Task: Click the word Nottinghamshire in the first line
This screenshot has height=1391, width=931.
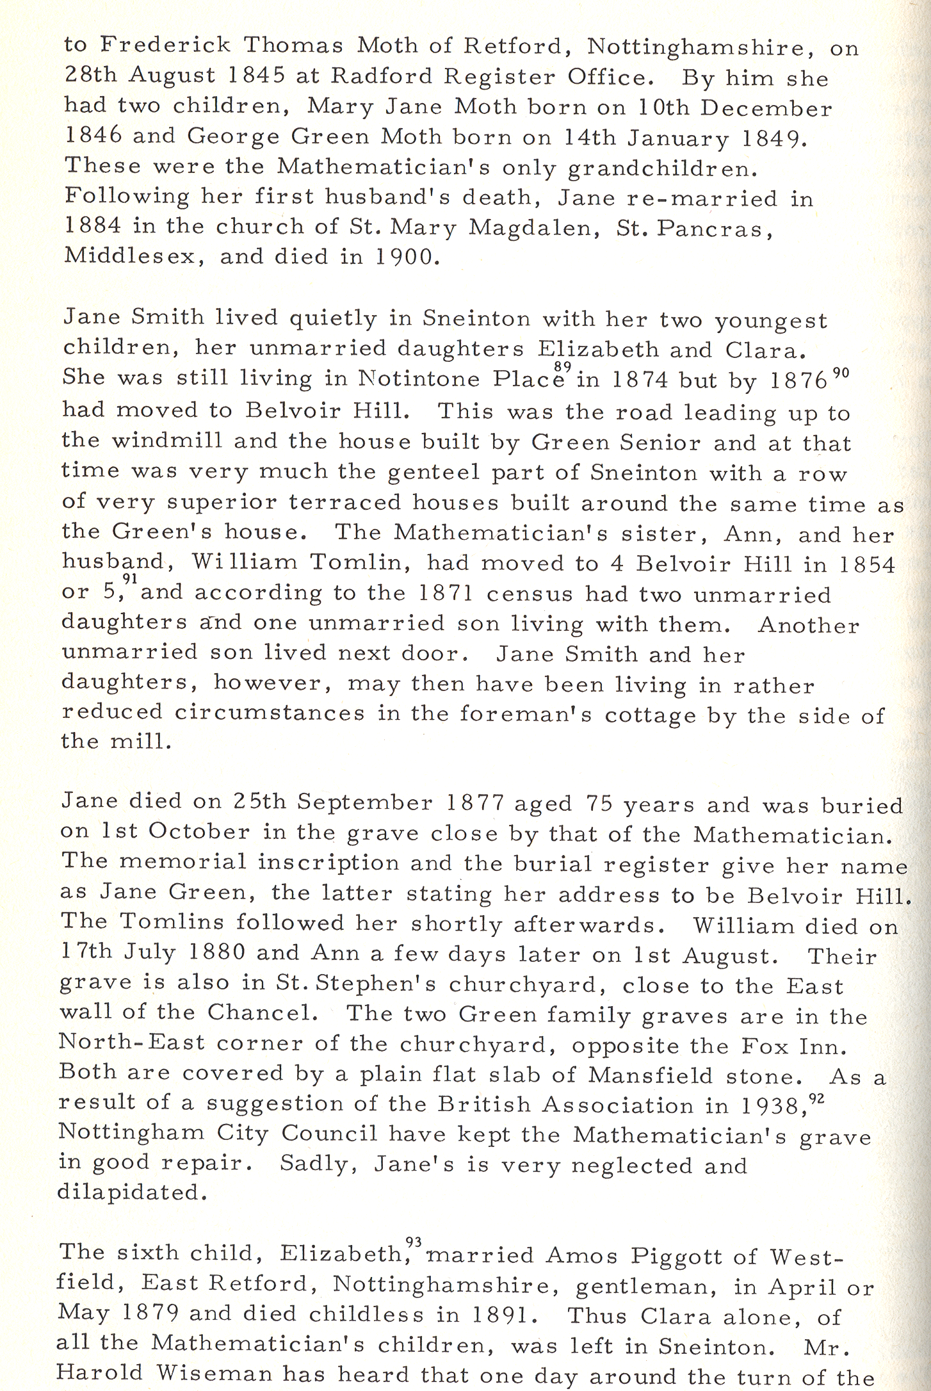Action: pos(701,47)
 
